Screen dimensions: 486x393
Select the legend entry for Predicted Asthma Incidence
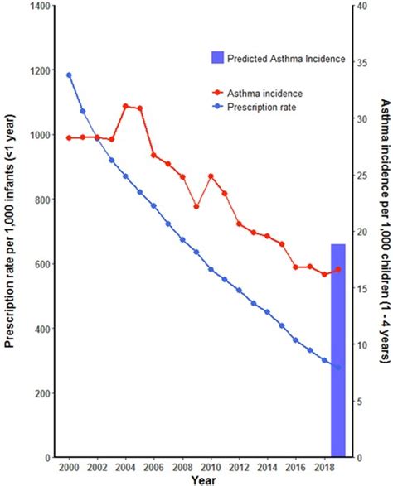pos(278,57)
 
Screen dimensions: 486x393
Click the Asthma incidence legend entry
pos(264,93)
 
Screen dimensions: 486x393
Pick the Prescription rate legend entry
pos(264,106)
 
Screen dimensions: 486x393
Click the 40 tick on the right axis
pos(359,7)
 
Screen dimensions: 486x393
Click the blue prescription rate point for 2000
pos(69,75)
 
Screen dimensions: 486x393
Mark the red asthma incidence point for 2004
pos(125,106)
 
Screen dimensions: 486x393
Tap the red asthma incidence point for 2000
pos(69,137)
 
